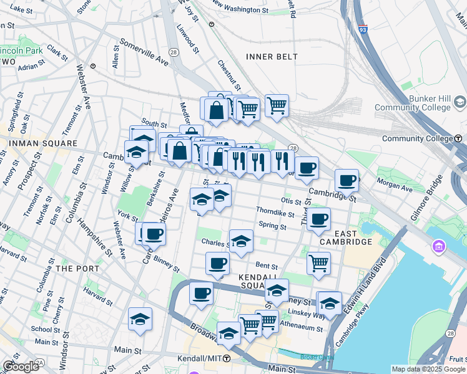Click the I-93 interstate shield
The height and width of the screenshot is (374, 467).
(363, 29)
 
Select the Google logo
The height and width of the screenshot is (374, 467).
(21, 367)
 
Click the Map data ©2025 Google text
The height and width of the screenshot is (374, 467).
(428, 369)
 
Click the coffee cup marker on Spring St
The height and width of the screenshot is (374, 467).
(318, 219)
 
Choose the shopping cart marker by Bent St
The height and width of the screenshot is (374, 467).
(318, 262)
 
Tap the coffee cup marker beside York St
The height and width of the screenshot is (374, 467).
(154, 234)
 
